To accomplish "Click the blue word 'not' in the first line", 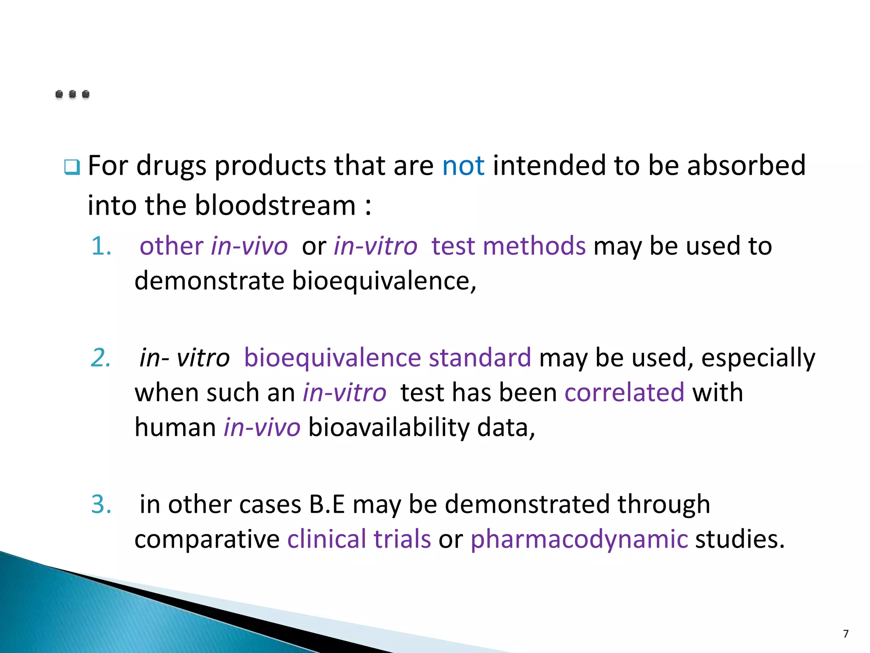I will click(463, 165).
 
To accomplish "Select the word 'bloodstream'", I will click(275, 205).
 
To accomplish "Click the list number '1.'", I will click(102, 246).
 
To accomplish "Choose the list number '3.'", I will click(102, 504).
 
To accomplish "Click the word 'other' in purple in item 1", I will click(172, 246).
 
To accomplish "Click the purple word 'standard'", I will click(480, 358).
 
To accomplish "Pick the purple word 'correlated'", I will click(624, 392).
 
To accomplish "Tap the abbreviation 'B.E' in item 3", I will click(327, 504).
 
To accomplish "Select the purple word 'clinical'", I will click(326, 539).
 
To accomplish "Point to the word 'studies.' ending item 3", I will click(740, 539).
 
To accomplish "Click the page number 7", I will click(846, 634).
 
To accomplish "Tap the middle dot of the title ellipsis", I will click(73, 94).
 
